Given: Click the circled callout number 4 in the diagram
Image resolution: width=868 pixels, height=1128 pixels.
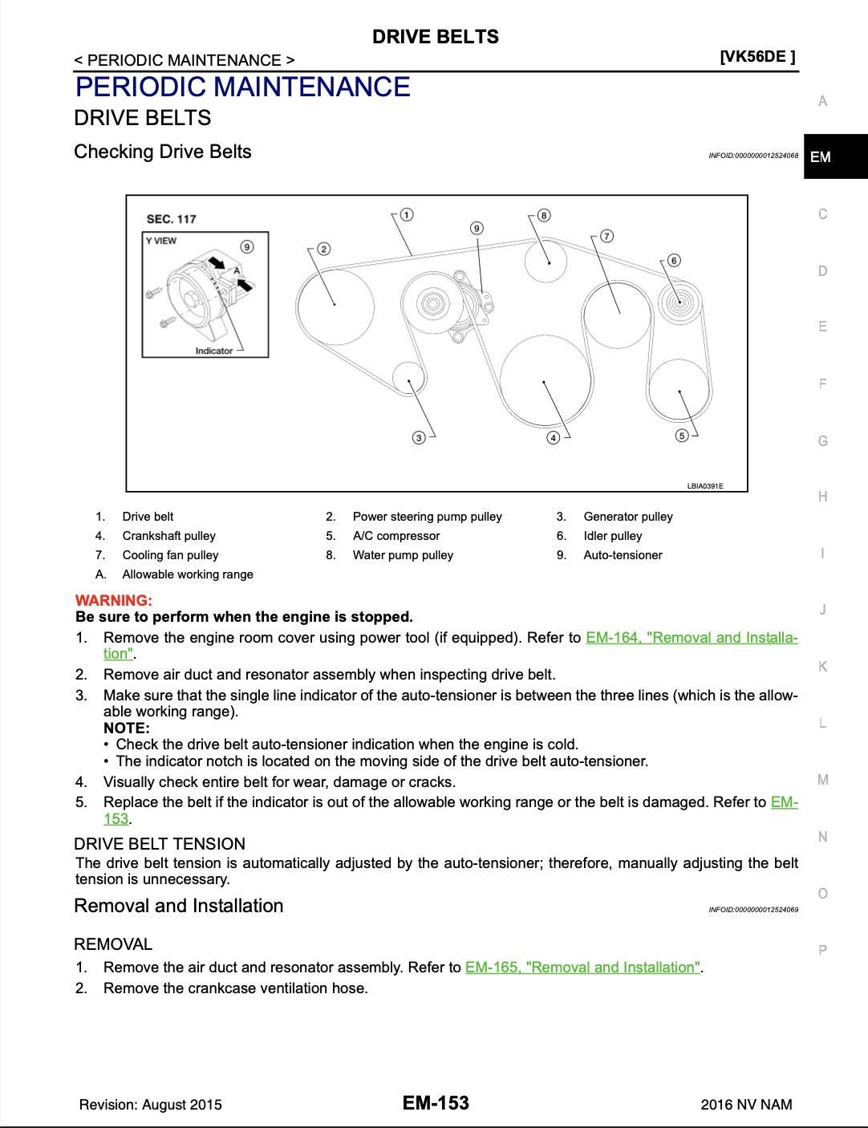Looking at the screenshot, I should tap(553, 437).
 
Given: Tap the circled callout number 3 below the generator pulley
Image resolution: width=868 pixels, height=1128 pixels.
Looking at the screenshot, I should tap(419, 437).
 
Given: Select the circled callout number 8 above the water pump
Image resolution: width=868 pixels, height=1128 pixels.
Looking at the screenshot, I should tap(544, 215).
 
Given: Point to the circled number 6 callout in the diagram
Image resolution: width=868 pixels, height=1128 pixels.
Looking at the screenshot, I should tap(674, 260).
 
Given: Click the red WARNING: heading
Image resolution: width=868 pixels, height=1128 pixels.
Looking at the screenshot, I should tap(113, 600).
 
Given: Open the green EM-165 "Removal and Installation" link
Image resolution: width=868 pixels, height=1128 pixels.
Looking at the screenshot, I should tap(582, 967).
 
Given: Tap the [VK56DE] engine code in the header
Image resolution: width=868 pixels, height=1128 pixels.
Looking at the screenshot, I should tap(757, 56).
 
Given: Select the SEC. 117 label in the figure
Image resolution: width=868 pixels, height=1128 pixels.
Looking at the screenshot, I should tap(171, 219).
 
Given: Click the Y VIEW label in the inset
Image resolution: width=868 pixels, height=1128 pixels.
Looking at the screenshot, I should tap(161, 241).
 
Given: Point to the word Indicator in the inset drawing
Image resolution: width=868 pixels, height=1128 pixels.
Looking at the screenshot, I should tap(213, 351).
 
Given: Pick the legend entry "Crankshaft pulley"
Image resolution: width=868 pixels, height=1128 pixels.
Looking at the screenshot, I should tap(168, 536).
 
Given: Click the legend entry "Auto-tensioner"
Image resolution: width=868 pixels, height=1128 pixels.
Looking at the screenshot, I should tap(623, 555).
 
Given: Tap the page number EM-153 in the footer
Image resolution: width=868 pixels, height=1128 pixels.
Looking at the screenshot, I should tap(436, 1103).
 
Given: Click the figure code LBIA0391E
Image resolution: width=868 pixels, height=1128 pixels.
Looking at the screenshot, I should tap(705, 485).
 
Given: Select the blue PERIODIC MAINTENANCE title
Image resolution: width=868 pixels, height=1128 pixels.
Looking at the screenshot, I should tap(242, 87).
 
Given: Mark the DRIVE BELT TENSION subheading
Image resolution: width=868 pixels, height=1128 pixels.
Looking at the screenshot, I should tap(160, 844).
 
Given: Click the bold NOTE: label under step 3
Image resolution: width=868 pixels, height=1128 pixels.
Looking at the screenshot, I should tap(127, 728).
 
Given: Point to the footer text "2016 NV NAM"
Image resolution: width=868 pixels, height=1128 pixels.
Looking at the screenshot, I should tap(746, 1105).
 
